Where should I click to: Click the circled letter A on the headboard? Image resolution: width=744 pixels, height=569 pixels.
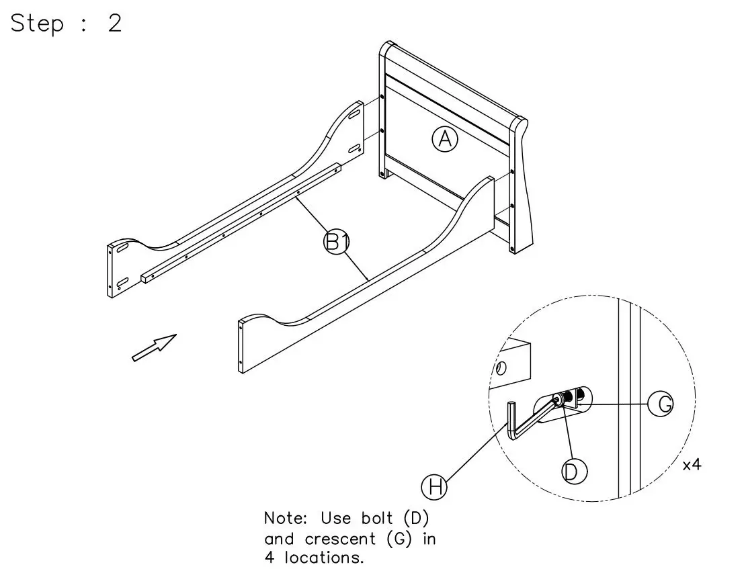point(444,139)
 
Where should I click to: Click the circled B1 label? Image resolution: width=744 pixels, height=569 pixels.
point(336,241)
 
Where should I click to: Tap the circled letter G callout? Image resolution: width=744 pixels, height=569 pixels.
point(661,403)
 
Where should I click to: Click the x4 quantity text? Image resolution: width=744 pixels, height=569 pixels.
point(691,465)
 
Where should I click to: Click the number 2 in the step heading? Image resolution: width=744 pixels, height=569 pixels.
point(114,24)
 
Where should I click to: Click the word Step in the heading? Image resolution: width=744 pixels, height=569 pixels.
point(37,24)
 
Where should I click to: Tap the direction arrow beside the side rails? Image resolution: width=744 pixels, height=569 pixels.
point(155,347)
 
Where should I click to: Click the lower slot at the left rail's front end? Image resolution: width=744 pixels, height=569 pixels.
point(122,282)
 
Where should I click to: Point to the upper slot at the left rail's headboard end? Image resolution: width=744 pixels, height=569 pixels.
point(352,116)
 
